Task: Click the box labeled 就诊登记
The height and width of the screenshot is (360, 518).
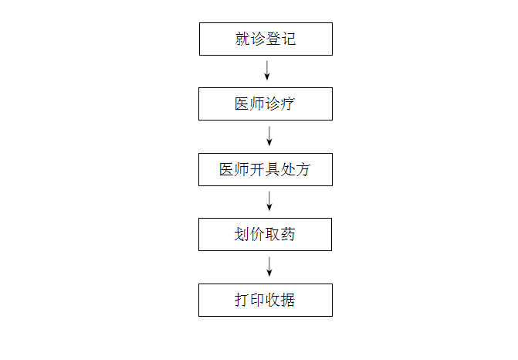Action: click(x=266, y=39)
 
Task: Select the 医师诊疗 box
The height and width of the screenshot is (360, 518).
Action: click(x=266, y=104)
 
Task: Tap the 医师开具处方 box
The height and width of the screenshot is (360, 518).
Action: click(x=266, y=170)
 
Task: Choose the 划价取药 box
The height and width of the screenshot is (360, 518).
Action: click(x=265, y=234)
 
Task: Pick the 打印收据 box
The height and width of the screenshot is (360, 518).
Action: click(x=266, y=301)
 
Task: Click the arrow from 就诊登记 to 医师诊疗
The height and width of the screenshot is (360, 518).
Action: click(x=267, y=70)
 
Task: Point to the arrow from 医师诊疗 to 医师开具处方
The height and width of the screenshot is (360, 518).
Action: click(x=269, y=136)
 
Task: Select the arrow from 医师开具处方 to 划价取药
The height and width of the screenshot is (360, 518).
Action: click(x=269, y=201)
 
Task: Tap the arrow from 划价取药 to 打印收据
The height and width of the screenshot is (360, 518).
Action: click(x=269, y=267)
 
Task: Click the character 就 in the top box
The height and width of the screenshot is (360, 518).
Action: click(x=242, y=39)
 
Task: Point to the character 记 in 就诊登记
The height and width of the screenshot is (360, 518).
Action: click(x=289, y=39)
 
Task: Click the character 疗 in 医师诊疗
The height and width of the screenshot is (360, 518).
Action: click(x=287, y=104)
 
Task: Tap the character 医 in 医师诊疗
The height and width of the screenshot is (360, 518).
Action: click(x=242, y=104)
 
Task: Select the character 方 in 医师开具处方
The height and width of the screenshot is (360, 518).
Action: click(x=303, y=170)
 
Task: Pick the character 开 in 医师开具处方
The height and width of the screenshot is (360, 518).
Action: click(x=257, y=170)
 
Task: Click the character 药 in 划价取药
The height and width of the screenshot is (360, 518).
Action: click(x=287, y=234)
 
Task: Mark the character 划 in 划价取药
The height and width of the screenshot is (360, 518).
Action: click(x=242, y=234)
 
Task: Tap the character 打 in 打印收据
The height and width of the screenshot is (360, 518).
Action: click(x=242, y=300)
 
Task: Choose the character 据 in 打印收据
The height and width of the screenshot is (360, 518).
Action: click(x=287, y=300)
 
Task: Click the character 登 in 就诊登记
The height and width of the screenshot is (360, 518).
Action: click(x=273, y=39)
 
